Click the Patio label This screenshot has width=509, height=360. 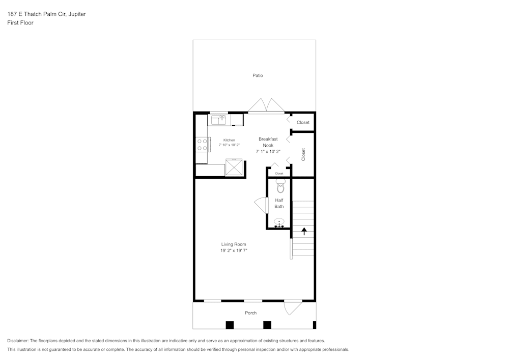tap(258, 75)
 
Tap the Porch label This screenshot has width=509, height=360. tap(250, 313)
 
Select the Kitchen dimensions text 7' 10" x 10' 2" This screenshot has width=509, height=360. tap(229, 145)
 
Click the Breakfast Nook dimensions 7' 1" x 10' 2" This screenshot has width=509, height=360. tap(268, 151)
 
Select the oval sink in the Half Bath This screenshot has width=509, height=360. tap(279, 223)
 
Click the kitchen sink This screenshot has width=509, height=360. tap(219, 120)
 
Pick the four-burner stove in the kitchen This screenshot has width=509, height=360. tap(202, 145)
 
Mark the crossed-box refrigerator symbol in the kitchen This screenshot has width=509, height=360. tap(234, 167)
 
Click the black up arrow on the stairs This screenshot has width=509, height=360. tap(304, 231)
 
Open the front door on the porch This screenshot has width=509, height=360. tap(293, 307)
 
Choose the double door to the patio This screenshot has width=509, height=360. tap(266, 105)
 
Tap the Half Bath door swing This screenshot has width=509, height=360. tap(261, 205)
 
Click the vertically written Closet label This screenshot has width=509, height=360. tap(303, 155)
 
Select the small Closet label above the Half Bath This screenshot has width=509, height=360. tap(279, 174)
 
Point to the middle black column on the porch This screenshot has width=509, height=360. tap(267, 325)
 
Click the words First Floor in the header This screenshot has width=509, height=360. tap(20, 23)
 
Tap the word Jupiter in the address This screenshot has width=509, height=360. tap(76, 14)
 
